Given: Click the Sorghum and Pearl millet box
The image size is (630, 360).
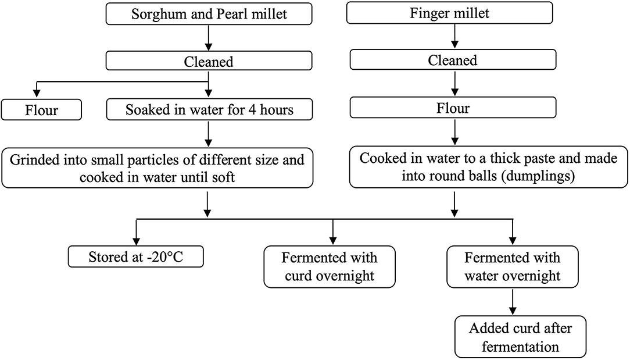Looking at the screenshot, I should click(x=209, y=15).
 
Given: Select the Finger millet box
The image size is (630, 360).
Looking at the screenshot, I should click(x=453, y=15).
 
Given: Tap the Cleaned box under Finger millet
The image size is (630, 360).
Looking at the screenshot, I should click(x=453, y=60).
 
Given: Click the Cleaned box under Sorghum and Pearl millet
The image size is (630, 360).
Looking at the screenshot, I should click(x=209, y=62).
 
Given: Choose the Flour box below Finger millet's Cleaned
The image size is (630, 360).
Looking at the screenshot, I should click(x=453, y=108).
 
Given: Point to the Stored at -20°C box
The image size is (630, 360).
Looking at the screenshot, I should click(x=136, y=256).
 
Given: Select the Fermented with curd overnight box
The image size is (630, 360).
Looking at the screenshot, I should click(x=329, y=266).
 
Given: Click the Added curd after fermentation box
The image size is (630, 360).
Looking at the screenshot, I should click(x=520, y=337).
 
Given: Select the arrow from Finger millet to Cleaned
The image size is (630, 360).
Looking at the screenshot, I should click(x=453, y=37).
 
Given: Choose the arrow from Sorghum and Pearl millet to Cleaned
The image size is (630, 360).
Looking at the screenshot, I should click(x=209, y=38).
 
